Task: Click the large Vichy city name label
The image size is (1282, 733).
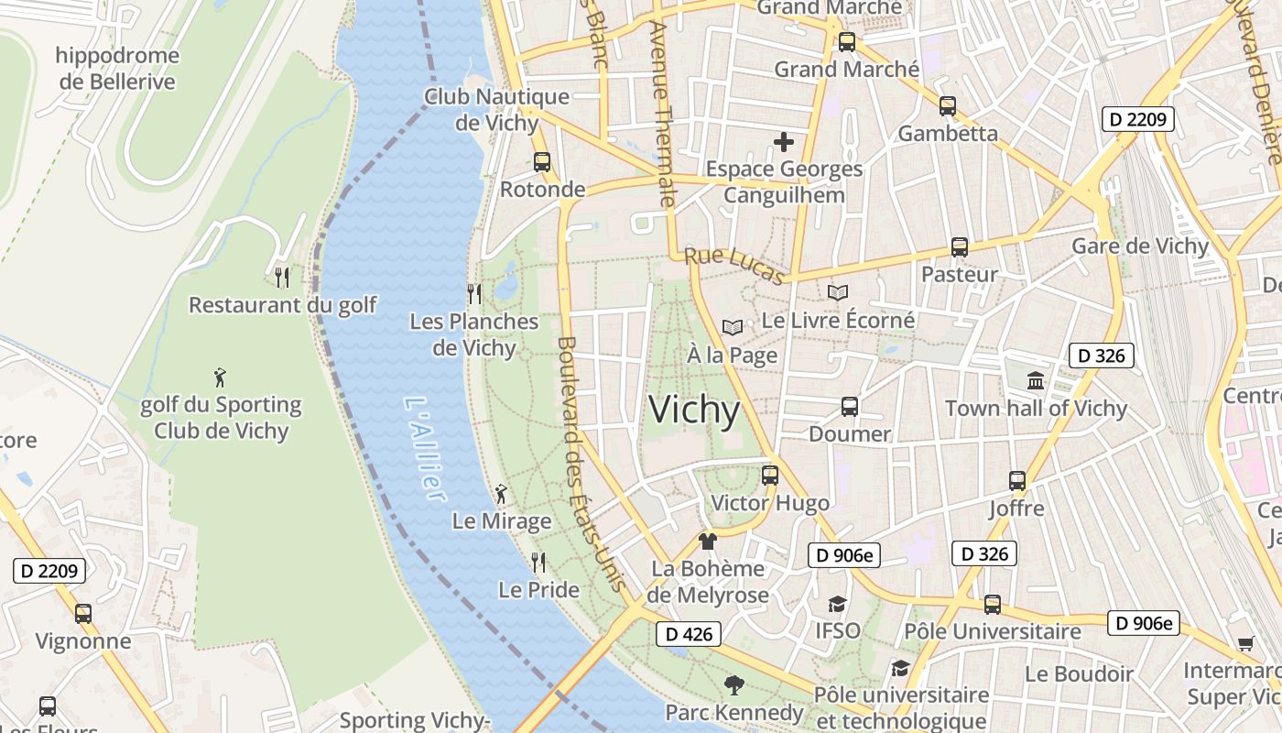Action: (x=694, y=410)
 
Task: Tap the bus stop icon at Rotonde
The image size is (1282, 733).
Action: (x=542, y=162)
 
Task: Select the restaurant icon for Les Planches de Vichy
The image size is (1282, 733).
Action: (x=474, y=294)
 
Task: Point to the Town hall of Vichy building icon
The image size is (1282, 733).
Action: (x=1036, y=380)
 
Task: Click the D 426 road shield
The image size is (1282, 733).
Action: (x=689, y=633)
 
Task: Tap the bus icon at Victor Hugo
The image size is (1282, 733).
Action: (x=770, y=476)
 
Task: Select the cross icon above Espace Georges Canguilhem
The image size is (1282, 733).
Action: (x=784, y=142)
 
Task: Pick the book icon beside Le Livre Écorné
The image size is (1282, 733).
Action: (x=838, y=292)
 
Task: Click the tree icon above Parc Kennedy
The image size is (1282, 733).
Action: (x=733, y=684)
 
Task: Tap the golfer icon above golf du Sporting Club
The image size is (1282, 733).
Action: (x=220, y=377)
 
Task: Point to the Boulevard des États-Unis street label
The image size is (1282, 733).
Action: (x=591, y=464)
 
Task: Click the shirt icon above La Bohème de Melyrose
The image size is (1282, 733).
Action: (x=707, y=541)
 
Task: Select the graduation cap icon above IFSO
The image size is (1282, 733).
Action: (x=837, y=604)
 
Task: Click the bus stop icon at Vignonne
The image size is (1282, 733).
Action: (x=83, y=613)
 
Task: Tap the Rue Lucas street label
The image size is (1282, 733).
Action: (x=735, y=266)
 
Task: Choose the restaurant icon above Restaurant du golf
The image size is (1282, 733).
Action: (x=282, y=277)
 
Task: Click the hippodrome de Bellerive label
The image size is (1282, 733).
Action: (x=117, y=69)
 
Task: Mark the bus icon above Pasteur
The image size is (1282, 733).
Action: (x=959, y=246)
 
